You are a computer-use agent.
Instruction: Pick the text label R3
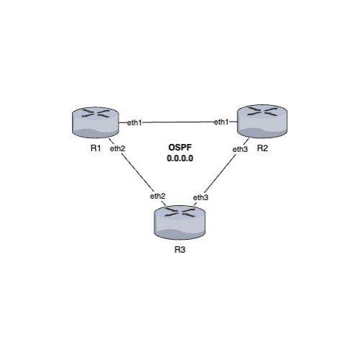point(179,251)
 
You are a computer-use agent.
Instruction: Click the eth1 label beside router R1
point(135,123)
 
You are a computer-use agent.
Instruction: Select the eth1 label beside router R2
point(221,123)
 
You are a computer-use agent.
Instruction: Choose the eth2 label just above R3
point(158,196)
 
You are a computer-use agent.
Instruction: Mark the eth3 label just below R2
point(240,149)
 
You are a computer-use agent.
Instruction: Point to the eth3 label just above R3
point(201,196)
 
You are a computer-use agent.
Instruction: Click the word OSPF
point(179,147)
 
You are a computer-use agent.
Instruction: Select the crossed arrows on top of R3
point(179,214)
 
